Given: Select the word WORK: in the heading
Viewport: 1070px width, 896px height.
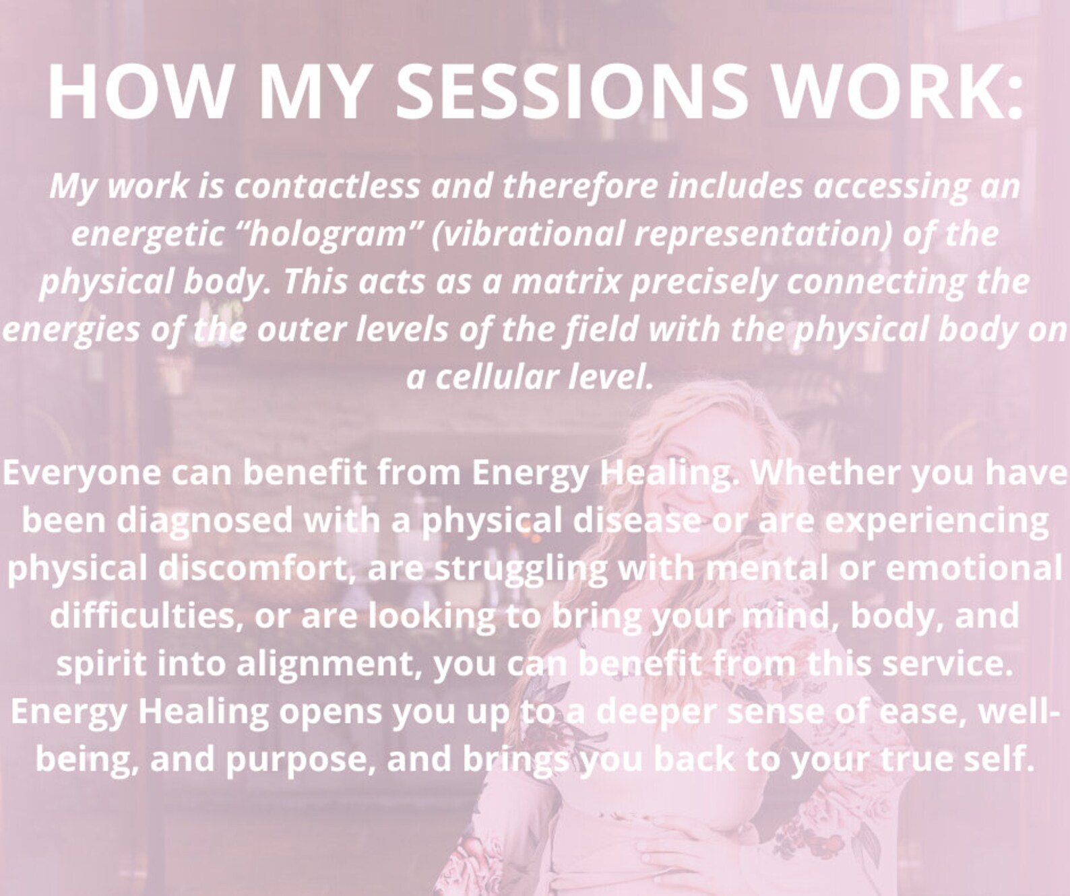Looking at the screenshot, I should (x=898, y=91).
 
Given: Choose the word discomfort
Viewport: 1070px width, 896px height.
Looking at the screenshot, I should (x=252, y=568).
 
